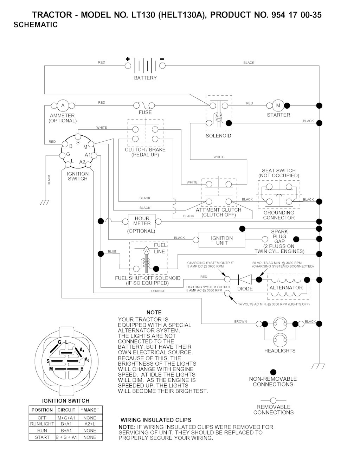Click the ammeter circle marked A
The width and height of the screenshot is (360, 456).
(63, 105)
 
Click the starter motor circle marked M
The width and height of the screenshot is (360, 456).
(278, 105)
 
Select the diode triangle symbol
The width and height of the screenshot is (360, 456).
(244, 279)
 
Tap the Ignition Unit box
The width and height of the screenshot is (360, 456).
(222, 240)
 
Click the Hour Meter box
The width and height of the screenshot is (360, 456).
(142, 221)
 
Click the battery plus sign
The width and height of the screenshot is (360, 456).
(128, 59)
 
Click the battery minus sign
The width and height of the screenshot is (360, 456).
(162, 59)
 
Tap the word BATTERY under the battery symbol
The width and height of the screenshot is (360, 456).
(145, 78)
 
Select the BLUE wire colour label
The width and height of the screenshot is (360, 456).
(112, 251)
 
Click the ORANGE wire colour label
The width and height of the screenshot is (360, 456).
(158, 291)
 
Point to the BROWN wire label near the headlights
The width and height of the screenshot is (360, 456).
(240, 321)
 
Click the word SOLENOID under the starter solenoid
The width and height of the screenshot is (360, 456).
(218, 136)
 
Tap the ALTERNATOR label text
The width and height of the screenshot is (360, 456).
(286, 288)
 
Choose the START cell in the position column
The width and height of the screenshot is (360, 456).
(42, 437)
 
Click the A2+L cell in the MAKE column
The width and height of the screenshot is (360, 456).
(90, 424)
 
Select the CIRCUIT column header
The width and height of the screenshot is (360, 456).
(66, 410)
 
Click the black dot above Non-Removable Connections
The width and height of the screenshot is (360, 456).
(273, 372)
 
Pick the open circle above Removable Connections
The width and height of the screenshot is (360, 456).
(273, 400)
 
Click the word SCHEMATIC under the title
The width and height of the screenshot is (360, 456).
(36, 25)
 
